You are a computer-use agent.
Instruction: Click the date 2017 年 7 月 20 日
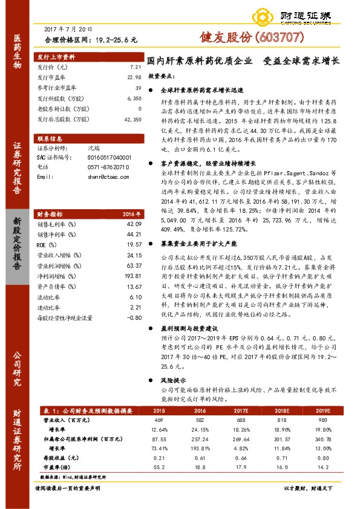click(x=69, y=30)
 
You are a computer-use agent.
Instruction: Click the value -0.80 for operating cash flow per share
click(x=134, y=317)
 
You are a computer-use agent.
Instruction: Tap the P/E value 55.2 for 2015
click(x=160, y=468)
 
